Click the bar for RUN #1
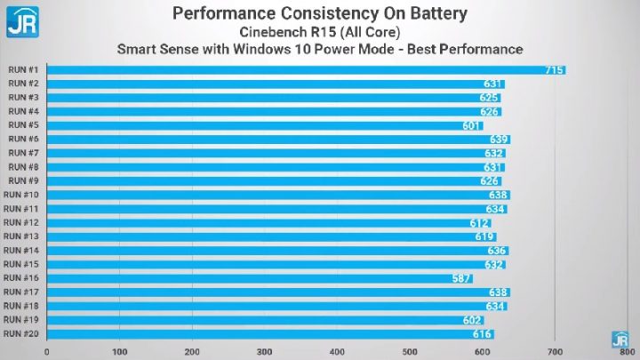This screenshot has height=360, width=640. [x=302, y=70]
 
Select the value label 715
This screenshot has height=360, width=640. [x=554, y=70]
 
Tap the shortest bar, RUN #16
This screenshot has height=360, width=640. [x=258, y=278]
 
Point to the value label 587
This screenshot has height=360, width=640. [x=461, y=278]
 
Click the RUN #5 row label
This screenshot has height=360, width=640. [x=23, y=125]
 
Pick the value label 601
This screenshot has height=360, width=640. [x=472, y=125]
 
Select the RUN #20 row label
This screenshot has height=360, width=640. [x=21, y=333]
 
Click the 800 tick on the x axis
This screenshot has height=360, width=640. [x=628, y=352]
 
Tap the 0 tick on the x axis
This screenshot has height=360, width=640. [x=46, y=352]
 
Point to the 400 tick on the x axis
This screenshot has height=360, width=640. [x=337, y=352]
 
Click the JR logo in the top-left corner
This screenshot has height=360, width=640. [x=21, y=21]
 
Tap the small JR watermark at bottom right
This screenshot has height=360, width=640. [x=620, y=339]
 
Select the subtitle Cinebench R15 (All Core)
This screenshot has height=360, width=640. [x=319, y=31]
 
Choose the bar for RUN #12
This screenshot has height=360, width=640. [x=267, y=222]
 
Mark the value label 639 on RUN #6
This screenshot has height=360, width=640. [x=499, y=140]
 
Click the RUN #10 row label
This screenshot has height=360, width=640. [x=21, y=195]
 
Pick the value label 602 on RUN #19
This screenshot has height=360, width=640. [x=473, y=320]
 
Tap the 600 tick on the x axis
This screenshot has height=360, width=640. [x=483, y=352]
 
